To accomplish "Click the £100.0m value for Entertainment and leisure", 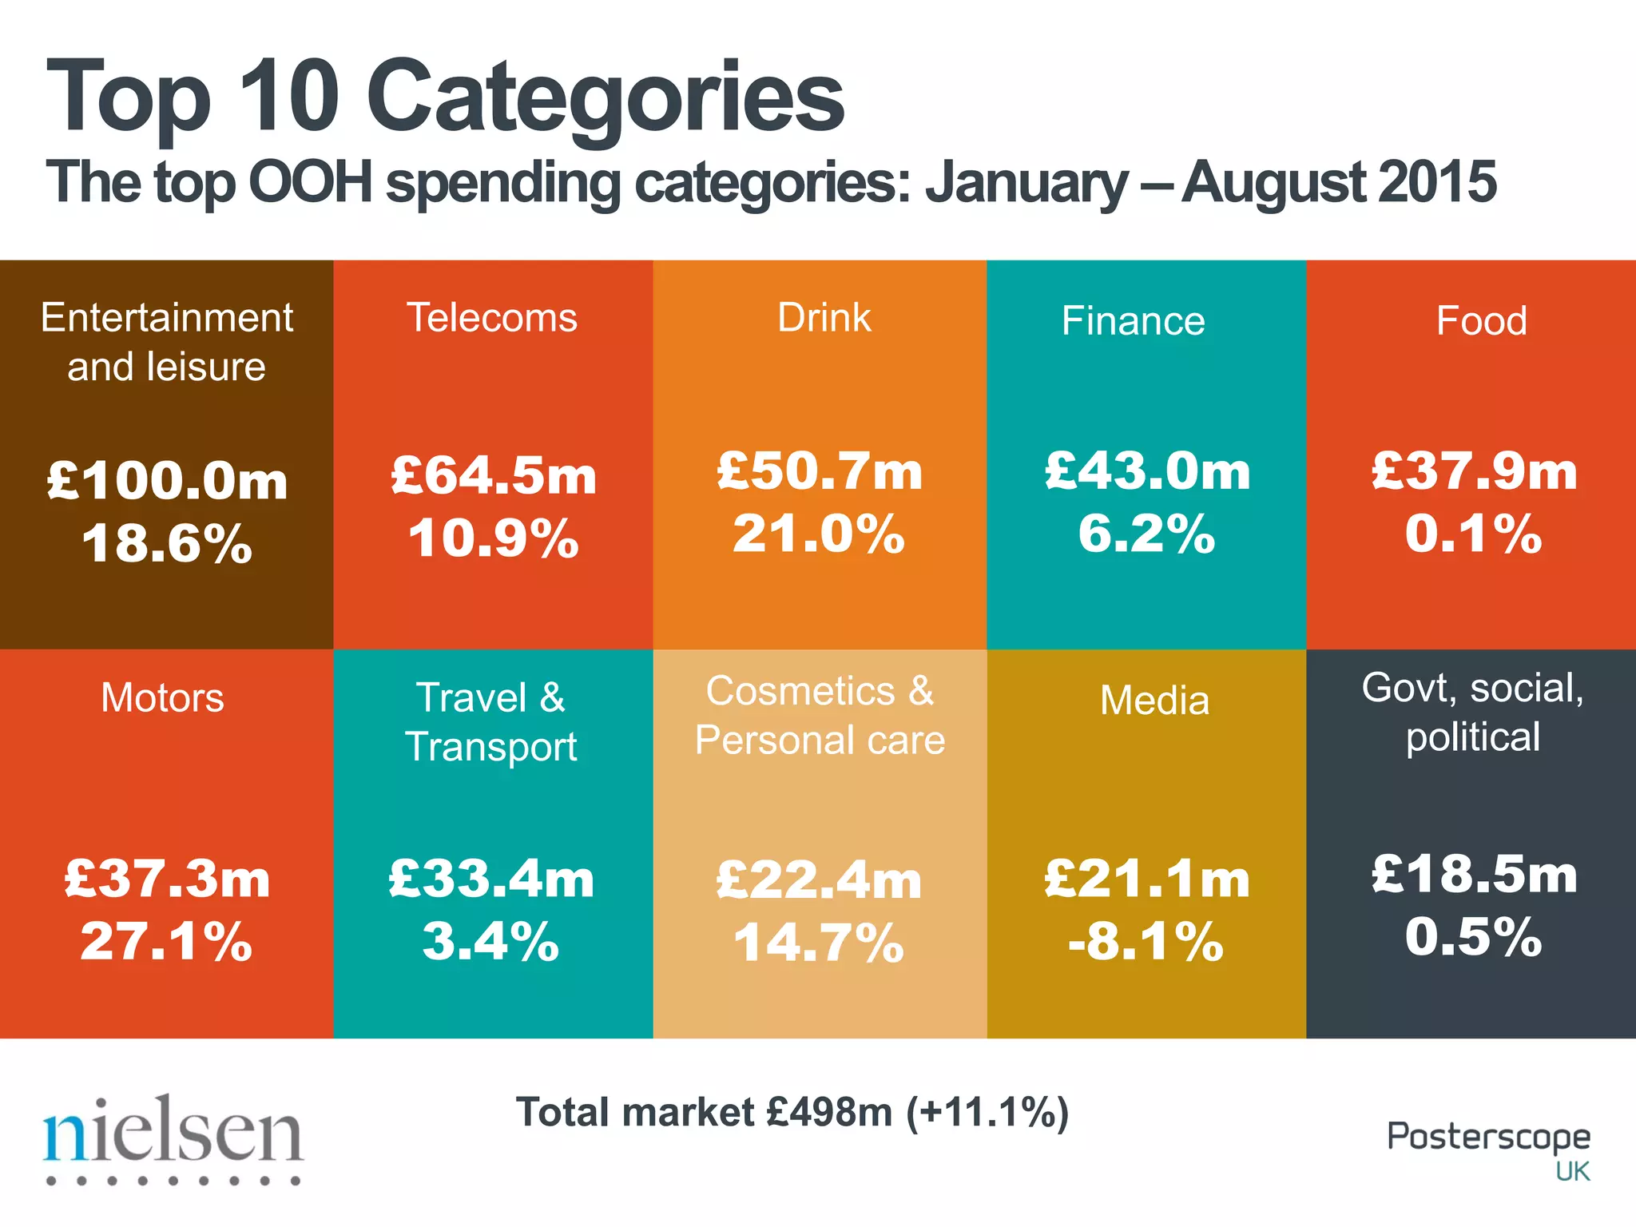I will click(167, 481).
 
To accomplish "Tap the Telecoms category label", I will click(492, 318).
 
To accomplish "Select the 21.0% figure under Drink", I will click(820, 534).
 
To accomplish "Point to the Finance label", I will click(1133, 321).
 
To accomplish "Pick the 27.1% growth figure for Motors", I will click(166, 941).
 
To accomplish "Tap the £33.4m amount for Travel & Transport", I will click(492, 879).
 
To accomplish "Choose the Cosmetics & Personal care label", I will click(820, 716).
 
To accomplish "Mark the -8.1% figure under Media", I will click(1146, 941).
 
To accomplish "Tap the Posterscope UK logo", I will click(1489, 1149).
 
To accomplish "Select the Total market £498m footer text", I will click(792, 1112).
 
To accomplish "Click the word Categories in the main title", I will click(605, 97).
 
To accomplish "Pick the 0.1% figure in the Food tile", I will click(1475, 534).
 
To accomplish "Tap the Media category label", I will click(1154, 701).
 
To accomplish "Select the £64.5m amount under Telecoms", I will click(494, 476).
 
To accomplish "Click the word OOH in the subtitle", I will click(311, 182).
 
